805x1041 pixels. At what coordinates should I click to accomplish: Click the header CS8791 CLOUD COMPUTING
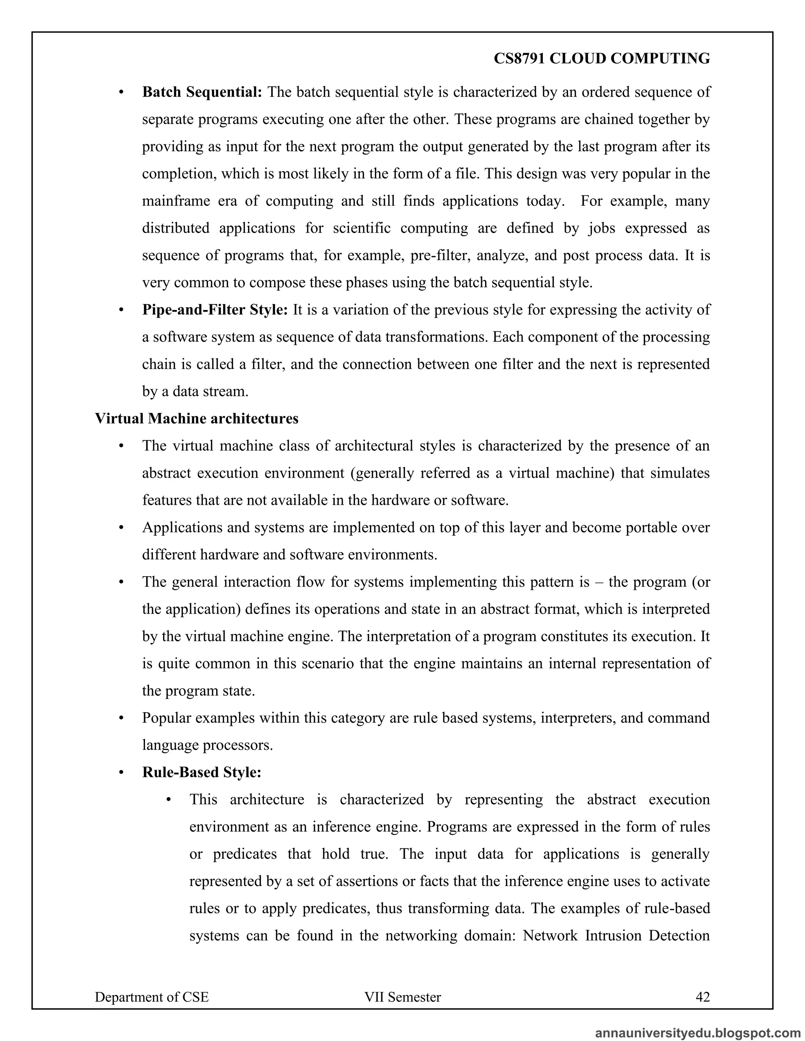601,58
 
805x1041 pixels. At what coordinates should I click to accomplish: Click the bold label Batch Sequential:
202,92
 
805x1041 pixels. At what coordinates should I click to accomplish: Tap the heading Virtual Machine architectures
197,418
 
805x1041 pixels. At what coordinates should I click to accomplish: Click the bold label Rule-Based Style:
201,772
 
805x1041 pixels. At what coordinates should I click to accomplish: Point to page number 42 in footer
702,997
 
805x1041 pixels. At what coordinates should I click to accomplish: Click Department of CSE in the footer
152,997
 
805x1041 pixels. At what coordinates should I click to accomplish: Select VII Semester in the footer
402,997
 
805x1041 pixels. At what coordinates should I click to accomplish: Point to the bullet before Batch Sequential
121,92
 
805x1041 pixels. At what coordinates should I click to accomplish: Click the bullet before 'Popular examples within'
121,718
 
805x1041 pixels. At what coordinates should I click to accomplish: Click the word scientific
362,228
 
